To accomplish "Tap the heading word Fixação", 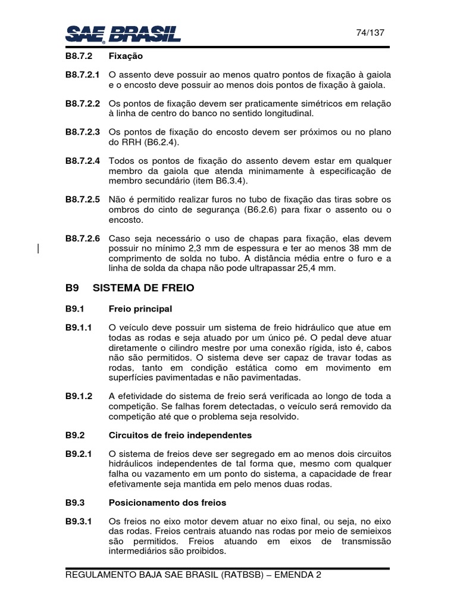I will pos(126,57).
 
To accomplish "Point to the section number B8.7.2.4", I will pos(83,160).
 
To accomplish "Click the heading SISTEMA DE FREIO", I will pos(143,288).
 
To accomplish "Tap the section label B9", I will pos(72,288).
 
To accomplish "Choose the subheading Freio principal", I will pos(140,309).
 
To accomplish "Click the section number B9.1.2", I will pos(79,396).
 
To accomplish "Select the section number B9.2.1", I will pos(79,453).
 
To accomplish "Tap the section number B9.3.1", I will pos(79,521).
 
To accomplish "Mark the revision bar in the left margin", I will pos(39,250).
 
